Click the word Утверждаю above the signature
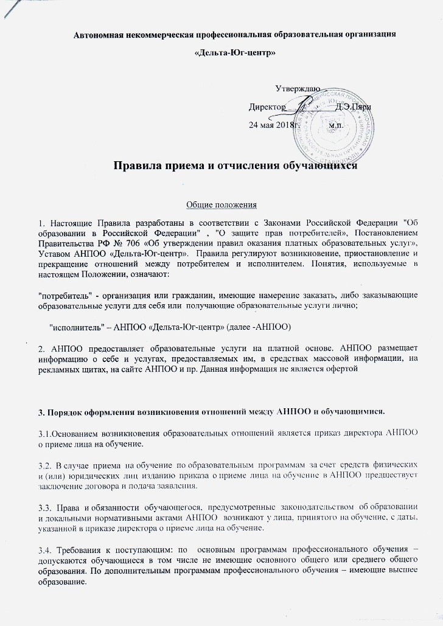tap(298, 89)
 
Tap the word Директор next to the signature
tap(267, 107)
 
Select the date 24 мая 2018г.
tap(271, 125)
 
